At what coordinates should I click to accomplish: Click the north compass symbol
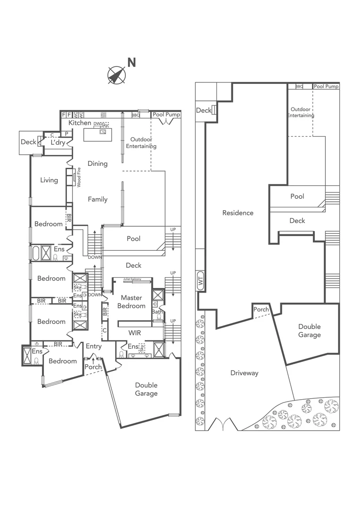tap(116, 75)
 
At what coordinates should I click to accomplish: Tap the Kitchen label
tap(80, 123)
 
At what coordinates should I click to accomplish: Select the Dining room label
tap(98, 164)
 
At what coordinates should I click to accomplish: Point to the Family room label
tap(98, 199)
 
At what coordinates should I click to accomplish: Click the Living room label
tap(49, 180)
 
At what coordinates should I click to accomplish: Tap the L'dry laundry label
tap(58, 143)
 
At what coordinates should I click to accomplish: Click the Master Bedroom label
tap(132, 302)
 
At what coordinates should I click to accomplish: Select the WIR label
tap(135, 332)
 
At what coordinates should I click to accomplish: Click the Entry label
tap(94, 346)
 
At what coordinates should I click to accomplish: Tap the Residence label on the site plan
tap(238, 213)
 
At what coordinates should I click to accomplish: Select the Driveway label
tap(245, 373)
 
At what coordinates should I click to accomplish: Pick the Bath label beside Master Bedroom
tap(157, 312)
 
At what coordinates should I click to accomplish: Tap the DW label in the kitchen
tap(97, 123)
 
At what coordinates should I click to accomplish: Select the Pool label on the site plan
tap(297, 197)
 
